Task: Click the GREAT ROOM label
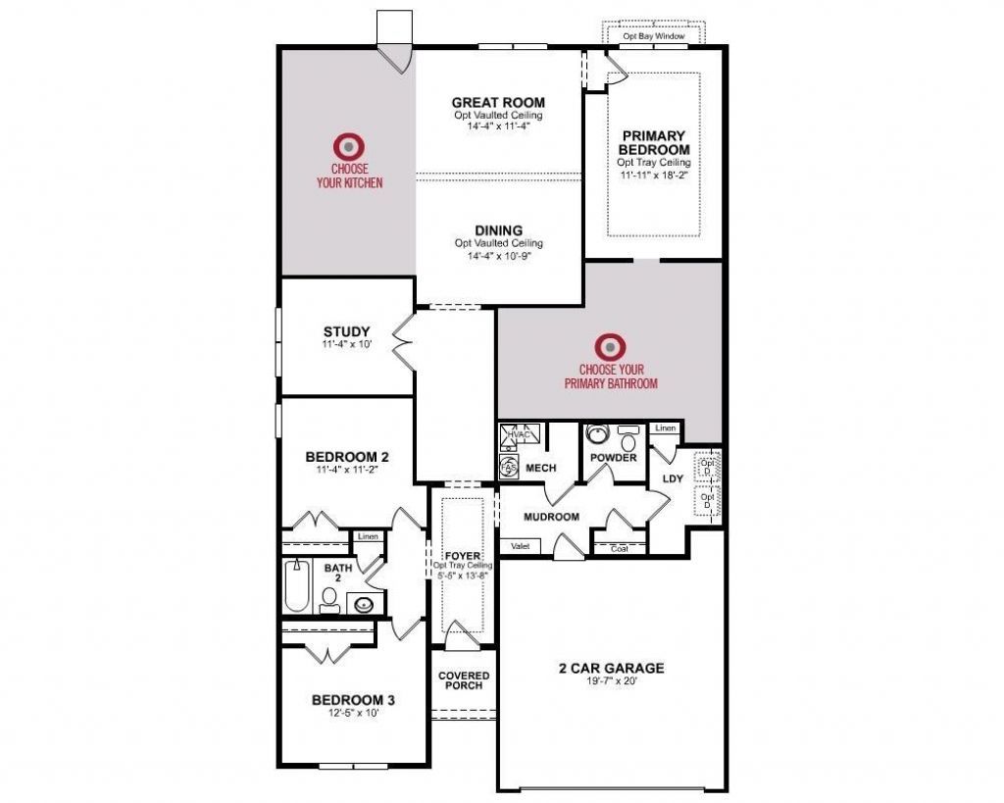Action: (x=498, y=102)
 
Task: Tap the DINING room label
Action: (x=498, y=230)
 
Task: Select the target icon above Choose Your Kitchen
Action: (x=349, y=147)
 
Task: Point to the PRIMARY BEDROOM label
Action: (x=654, y=142)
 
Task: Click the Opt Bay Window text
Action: (x=655, y=36)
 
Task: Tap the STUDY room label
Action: (x=346, y=331)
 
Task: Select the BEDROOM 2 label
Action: (x=347, y=456)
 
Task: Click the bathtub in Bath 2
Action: (x=294, y=586)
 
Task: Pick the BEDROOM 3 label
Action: (x=353, y=700)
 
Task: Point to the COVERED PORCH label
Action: (x=464, y=679)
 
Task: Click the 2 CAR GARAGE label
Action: (x=611, y=669)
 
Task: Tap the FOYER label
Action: (x=462, y=555)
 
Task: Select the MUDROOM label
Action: (x=551, y=517)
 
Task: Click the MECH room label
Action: (x=540, y=468)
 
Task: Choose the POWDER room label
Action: (x=614, y=458)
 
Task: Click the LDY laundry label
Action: (x=672, y=478)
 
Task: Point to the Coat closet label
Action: (x=619, y=549)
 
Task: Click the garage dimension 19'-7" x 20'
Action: (x=611, y=682)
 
